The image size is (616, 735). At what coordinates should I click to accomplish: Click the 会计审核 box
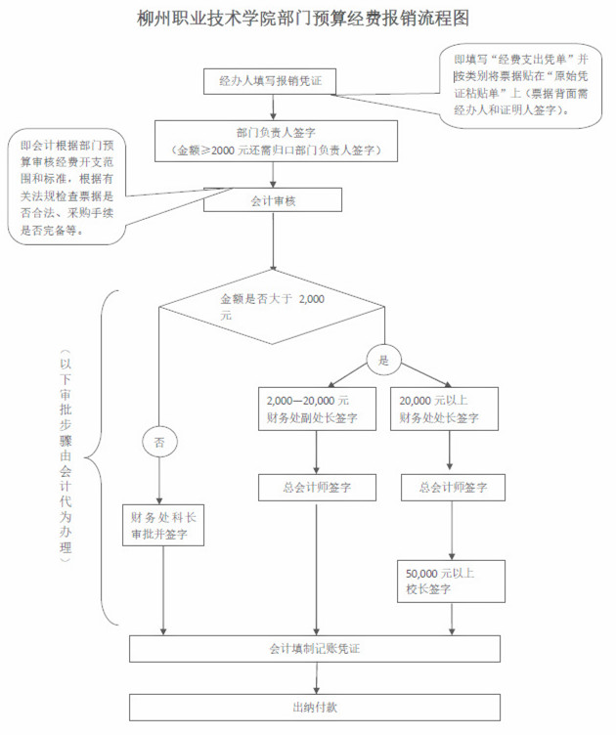(x=273, y=200)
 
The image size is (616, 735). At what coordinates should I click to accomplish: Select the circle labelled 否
(x=159, y=442)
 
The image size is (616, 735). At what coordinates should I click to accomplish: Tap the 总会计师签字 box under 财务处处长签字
(x=452, y=487)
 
